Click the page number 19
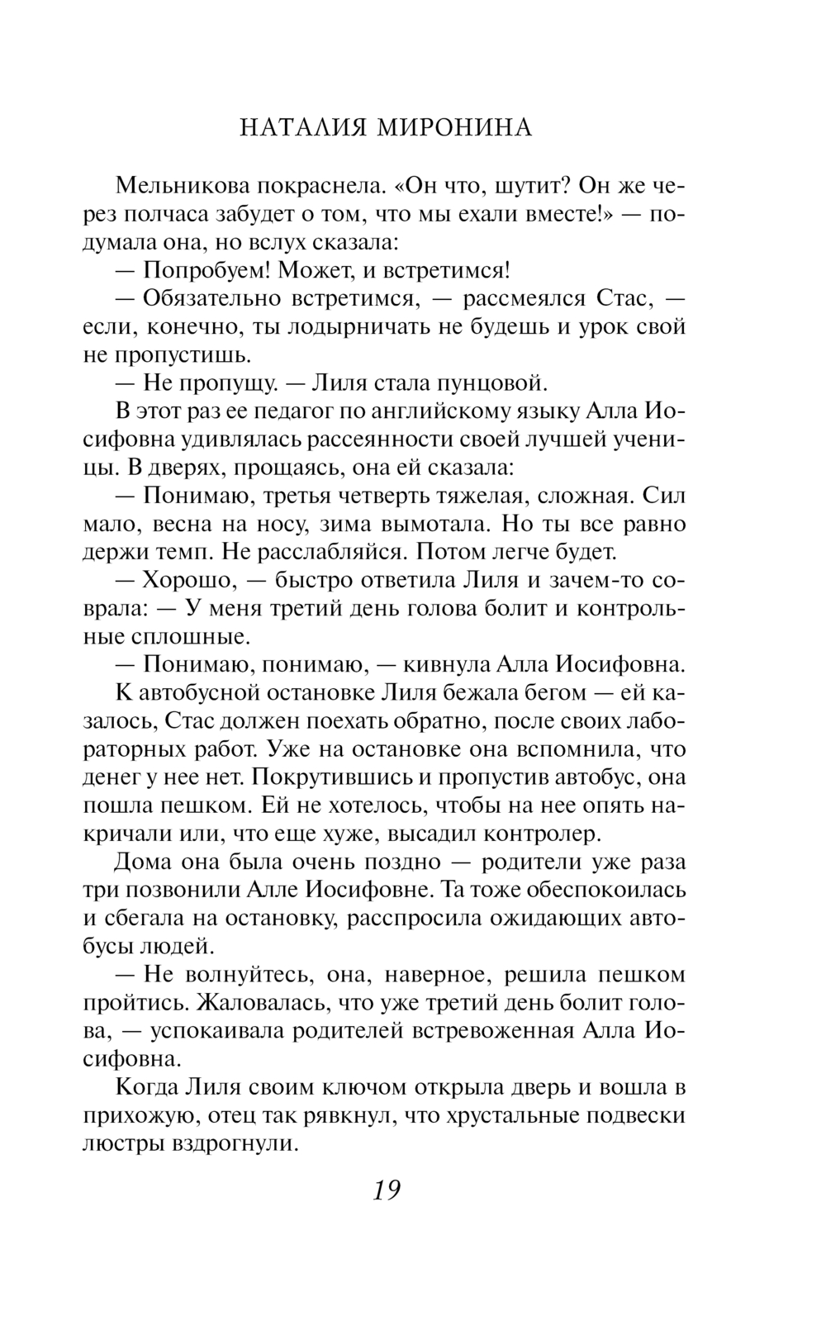[x=386, y=1190]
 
